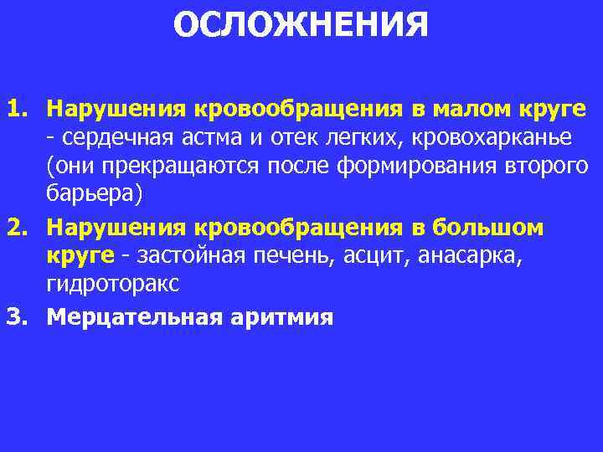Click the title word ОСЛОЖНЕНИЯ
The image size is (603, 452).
[301, 25]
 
